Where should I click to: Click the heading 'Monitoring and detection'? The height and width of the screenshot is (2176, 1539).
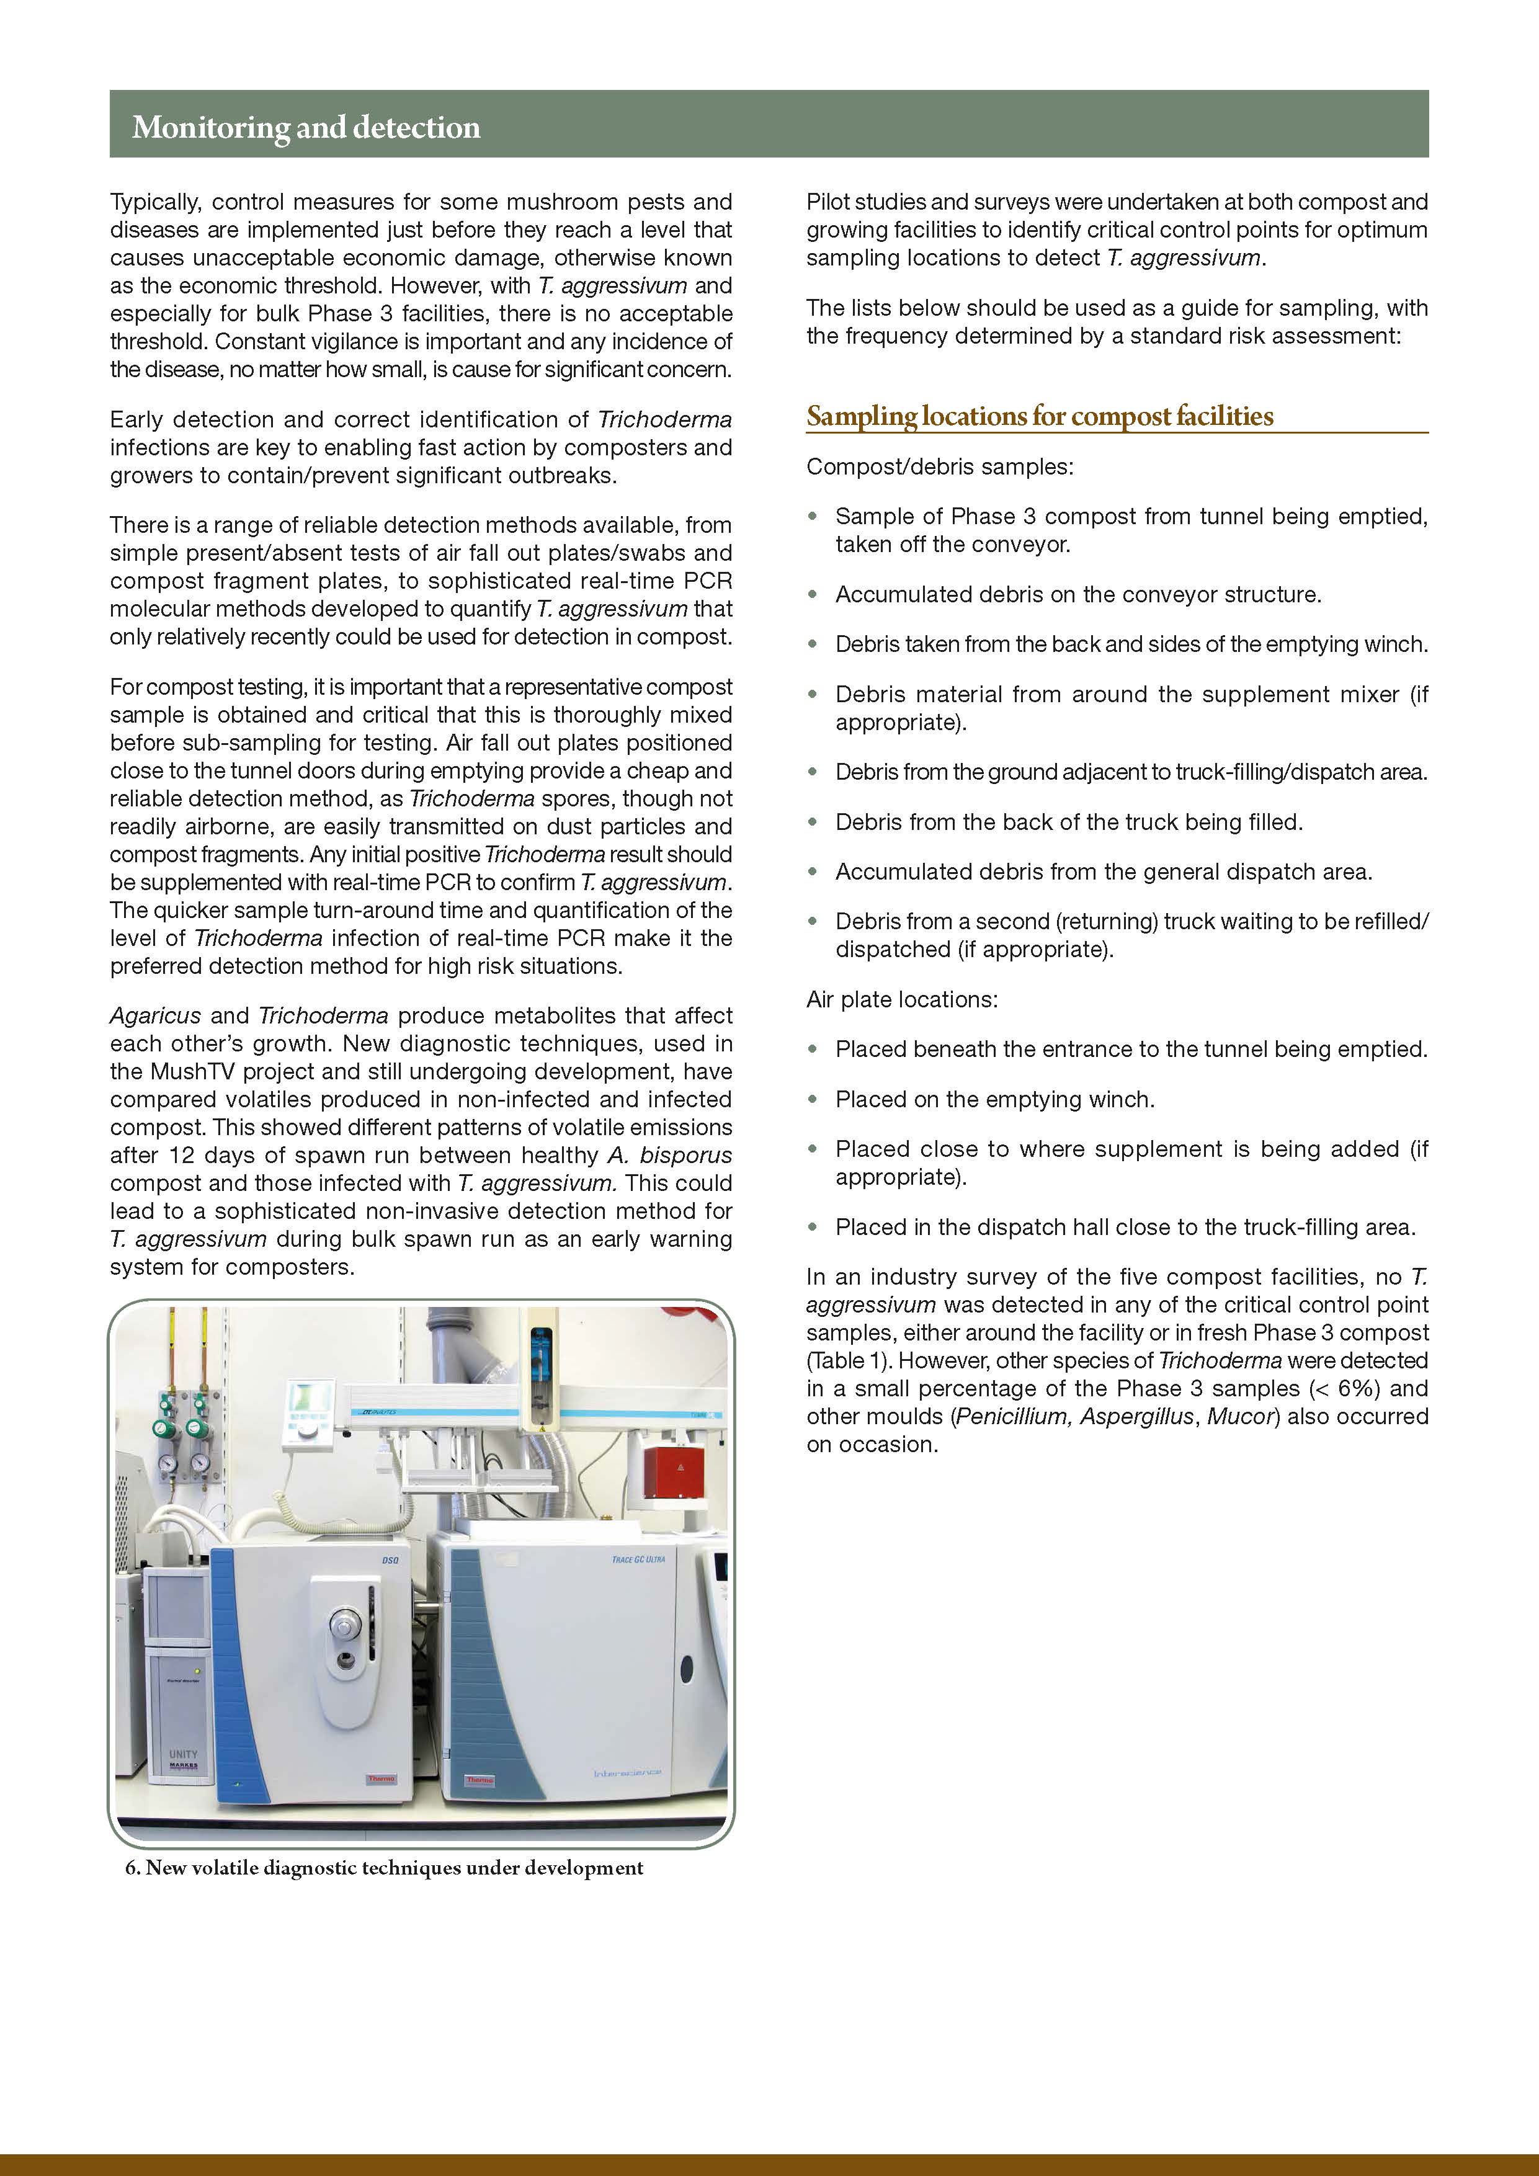[306, 127]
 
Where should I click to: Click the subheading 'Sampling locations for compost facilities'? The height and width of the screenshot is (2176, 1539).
[1040, 416]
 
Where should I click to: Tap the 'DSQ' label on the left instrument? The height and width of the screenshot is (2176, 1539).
[390, 1560]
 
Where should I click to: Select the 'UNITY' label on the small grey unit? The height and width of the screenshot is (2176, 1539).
[183, 1754]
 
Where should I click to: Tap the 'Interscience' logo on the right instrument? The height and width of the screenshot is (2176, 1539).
[627, 1773]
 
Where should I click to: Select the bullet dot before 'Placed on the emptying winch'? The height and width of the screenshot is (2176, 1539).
[812, 1099]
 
